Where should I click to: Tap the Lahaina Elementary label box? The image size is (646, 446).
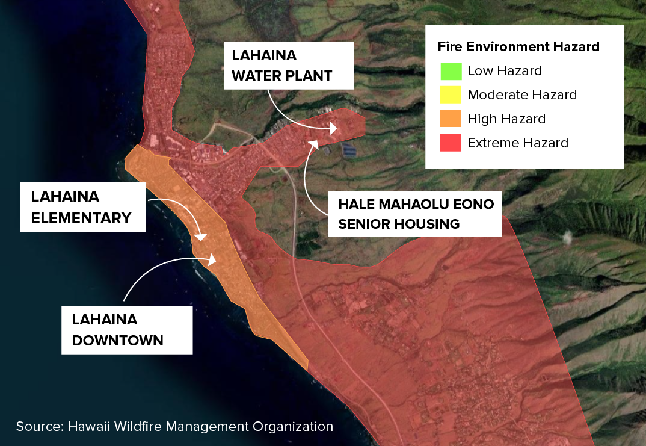tap(82, 207)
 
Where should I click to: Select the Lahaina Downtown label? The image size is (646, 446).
tap(127, 329)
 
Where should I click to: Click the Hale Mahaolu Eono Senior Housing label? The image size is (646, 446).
tap(416, 214)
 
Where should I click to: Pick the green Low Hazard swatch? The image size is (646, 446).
tap(451, 71)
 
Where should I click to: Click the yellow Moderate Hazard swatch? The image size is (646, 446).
tap(451, 95)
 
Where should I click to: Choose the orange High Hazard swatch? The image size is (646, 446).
tap(451, 119)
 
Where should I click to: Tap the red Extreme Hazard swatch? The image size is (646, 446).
tap(451, 143)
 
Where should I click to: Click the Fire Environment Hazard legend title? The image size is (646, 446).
tap(518, 46)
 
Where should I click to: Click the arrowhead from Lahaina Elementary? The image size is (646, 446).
tap(200, 237)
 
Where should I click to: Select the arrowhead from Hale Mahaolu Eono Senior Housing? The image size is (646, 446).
tap(313, 143)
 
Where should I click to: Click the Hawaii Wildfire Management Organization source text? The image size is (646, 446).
tap(174, 426)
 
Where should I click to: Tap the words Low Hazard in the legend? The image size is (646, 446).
tap(504, 71)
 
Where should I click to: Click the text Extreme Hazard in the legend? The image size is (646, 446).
tap(517, 143)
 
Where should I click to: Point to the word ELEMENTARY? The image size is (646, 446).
tap(81, 217)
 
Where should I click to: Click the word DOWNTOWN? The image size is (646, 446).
tap(117, 340)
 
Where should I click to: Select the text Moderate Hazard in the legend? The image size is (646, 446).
tap(521, 95)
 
